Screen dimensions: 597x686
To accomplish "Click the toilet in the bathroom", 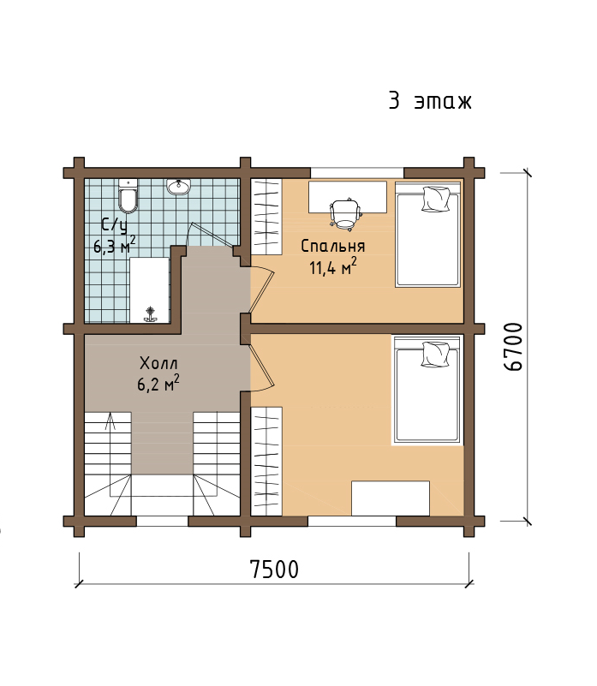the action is [128, 195].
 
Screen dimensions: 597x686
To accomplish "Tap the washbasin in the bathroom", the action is [178, 187].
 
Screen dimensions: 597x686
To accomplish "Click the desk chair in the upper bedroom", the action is [345, 213].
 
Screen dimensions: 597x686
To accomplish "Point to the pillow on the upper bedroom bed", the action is [436, 199].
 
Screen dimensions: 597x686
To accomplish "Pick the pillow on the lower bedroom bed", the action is [435, 354].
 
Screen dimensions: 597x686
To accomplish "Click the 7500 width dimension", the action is [274, 570].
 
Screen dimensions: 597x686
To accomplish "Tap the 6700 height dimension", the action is [513, 347].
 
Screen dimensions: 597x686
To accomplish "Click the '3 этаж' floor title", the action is [430, 101].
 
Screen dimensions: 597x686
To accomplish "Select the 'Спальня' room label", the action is [333, 246].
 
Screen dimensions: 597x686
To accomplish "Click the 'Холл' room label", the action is [158, 363].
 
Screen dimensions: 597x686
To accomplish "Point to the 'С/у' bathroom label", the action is [114, 226].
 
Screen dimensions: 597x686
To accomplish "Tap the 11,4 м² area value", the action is [333, 266].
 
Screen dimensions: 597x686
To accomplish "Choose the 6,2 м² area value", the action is [158, 384].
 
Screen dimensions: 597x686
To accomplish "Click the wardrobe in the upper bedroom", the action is [266, 217].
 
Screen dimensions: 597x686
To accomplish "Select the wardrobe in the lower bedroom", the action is [266, 461].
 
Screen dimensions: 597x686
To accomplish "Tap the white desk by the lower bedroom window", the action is [391, 498].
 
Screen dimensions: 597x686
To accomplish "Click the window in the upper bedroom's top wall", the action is [357, 172].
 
